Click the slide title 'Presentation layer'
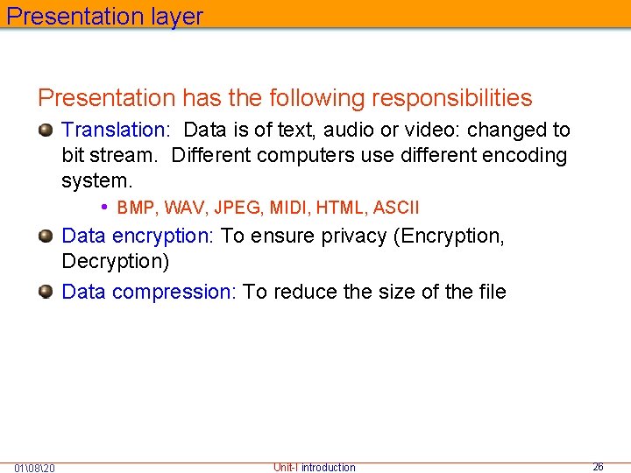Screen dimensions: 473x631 click(x=104, y=17)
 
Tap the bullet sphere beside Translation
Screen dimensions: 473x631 click(x=46, y=131)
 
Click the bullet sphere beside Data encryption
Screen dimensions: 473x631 click(x=46, y=236)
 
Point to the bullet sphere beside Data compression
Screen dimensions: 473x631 click(x=46, y=292)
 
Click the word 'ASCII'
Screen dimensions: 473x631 click(x=396, y=208)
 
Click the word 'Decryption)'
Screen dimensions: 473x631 click(x=116, y=262)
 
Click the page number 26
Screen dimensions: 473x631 click(x=598, y=467)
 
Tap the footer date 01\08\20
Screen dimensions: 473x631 click(x=35, y=468)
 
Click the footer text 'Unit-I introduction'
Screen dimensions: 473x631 click(x=315, y=468)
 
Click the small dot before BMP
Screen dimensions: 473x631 click(x=104, y=208)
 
